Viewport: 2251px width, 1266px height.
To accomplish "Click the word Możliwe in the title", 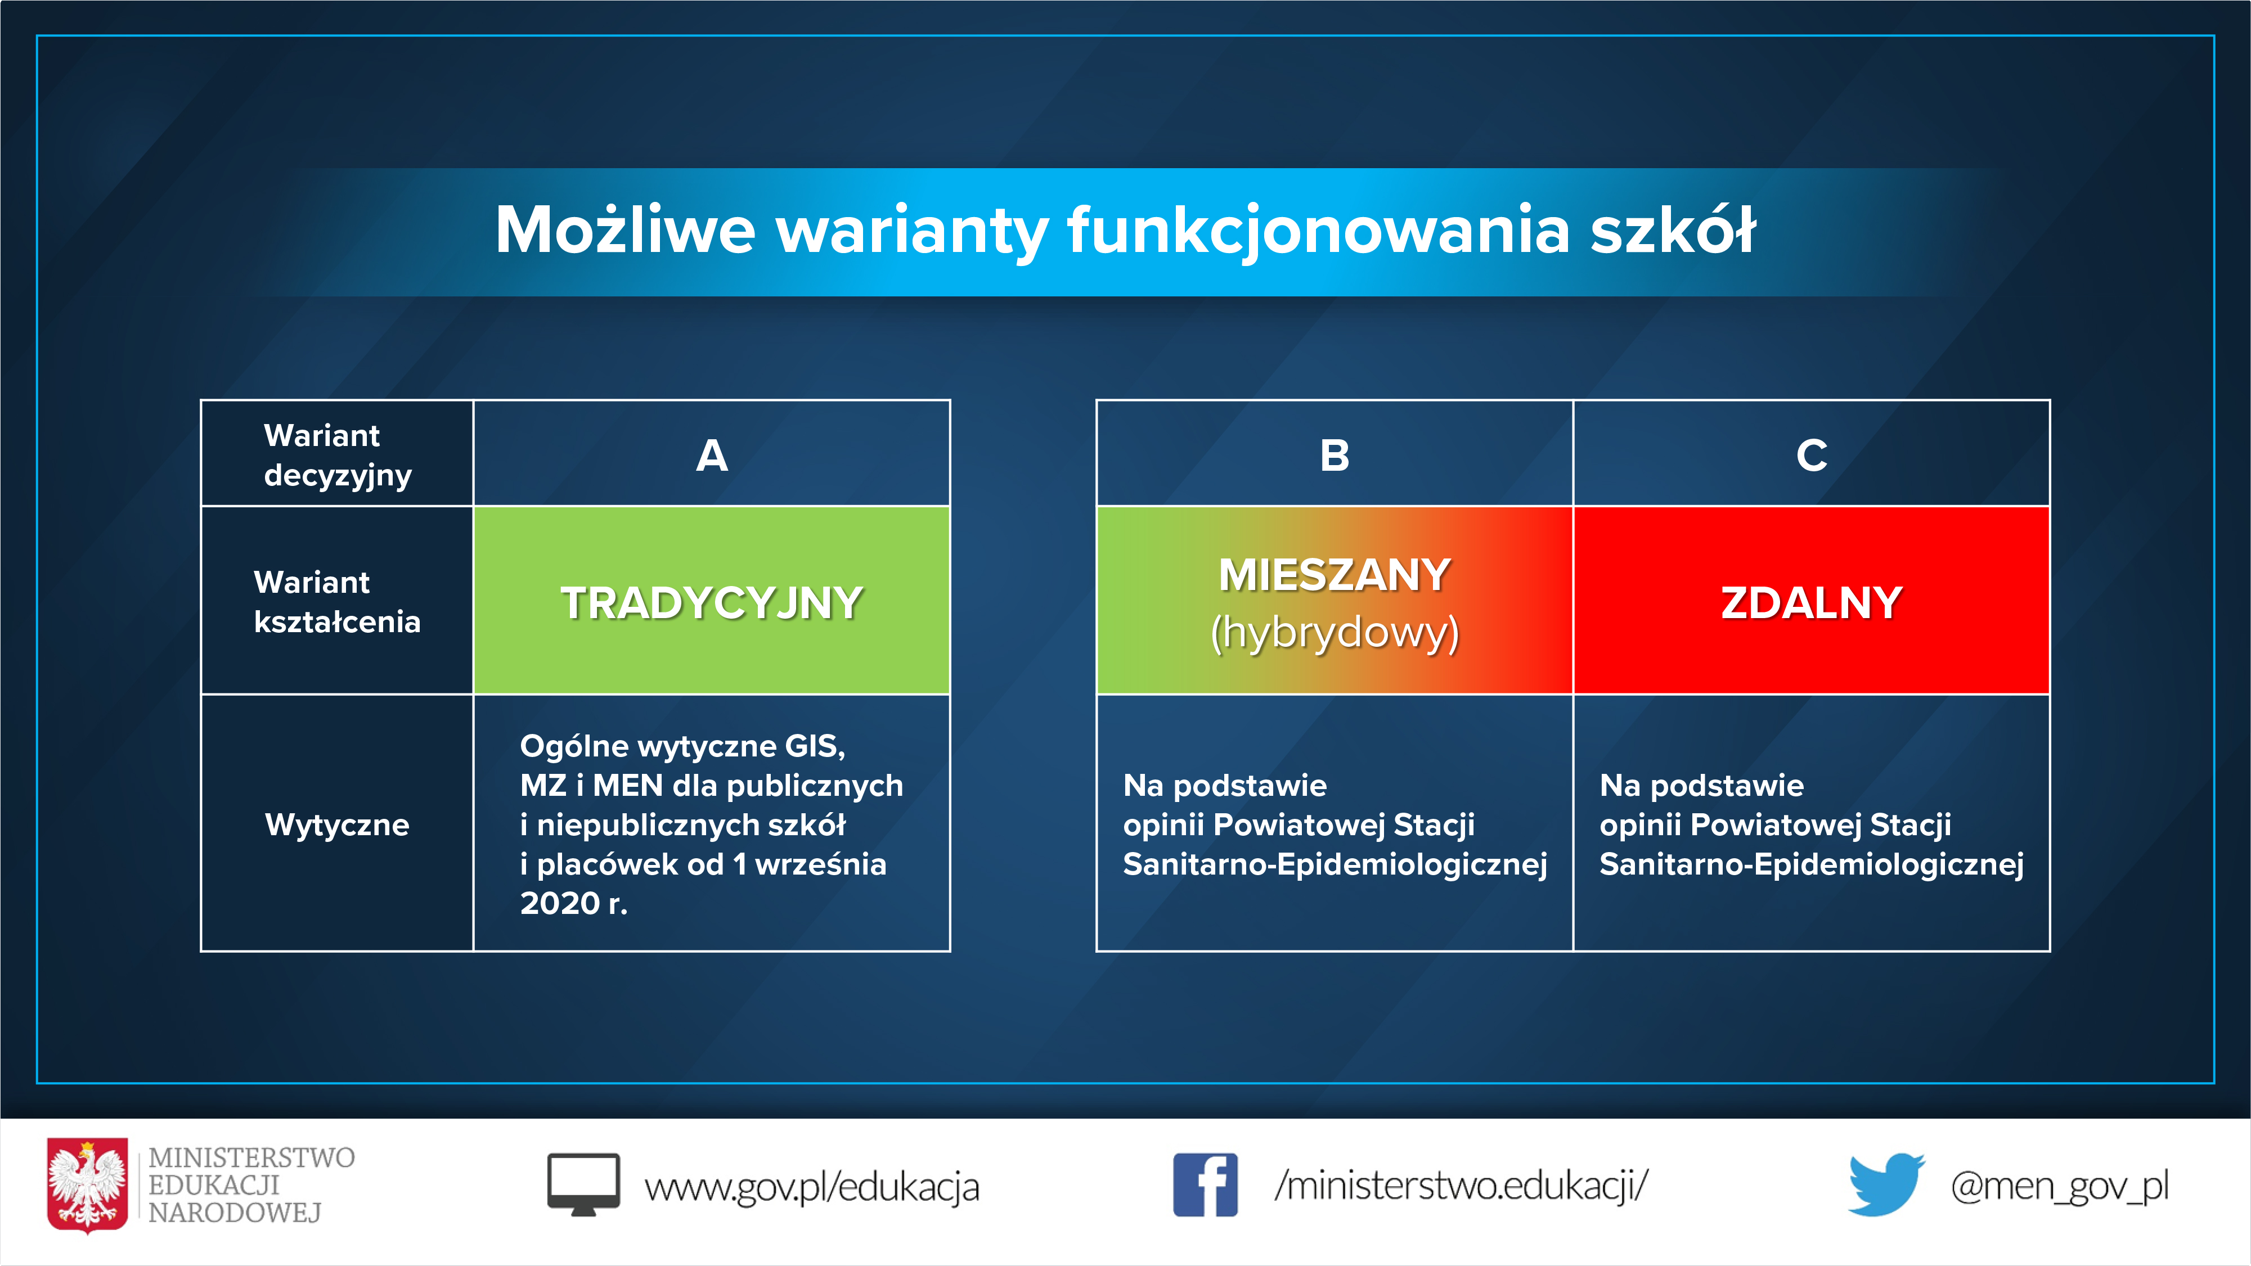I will pyautogui.click(x=625, y=230).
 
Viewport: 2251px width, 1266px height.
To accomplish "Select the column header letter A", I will pyautogui.click(x=711, y=455).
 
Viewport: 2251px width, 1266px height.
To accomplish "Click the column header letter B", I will pyautogui.click(x=1335, y=455).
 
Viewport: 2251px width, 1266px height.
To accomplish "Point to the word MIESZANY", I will pyautogui.click(x=1335, y=575).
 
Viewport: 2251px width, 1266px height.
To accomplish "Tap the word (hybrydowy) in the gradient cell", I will pyautogui.click(x=1335, y=633).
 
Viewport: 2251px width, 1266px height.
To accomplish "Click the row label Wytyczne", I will pyautogui.click(x=338, y=825).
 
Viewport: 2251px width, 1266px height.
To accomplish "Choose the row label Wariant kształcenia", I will pyautogui.click(x=338, y=602).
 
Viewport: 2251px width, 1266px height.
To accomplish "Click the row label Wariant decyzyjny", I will pyautogui.click(x=338, y=455).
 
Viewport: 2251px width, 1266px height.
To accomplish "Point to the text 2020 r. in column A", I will pyautogui.click(x=573, y=903).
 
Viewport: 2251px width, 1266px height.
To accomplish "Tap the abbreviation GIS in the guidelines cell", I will pyautogui.click(x=814, y=746).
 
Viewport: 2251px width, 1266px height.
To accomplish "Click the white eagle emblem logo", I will pyautogui.click(x=87, y=1185).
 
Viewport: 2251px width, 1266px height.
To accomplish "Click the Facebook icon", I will pyautogui.click(x=1205, y=1185).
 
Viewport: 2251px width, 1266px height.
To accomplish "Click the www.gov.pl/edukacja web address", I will pyautogui.click(x=812, y=1187).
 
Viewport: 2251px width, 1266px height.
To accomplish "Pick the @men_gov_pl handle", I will pyautogui.click(x=2060, y=1187).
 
